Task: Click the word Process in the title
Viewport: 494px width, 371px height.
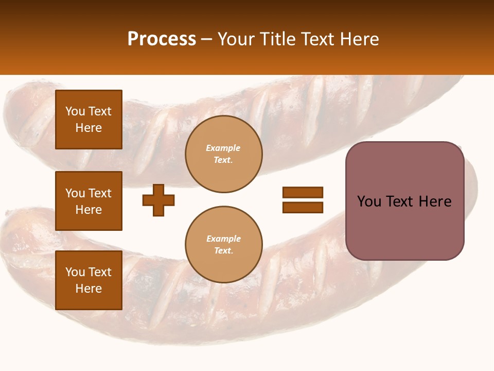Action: (162, 39)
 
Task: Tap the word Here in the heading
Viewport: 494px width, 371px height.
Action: (359, 39)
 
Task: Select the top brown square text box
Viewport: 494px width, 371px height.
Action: (89, 120)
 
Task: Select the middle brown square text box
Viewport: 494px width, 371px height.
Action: (89, 201)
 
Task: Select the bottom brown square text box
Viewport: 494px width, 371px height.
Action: (89, 280)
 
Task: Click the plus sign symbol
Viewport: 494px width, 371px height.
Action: (158, 200)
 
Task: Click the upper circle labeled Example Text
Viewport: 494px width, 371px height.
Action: (223, 154)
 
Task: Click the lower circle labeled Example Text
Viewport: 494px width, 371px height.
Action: (223, 245)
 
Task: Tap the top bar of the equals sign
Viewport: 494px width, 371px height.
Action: (303, 192)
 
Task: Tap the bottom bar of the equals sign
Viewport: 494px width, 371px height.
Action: (303, 207)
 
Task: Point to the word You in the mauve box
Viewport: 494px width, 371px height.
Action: (369, 201)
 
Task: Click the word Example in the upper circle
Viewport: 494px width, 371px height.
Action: (223, 148)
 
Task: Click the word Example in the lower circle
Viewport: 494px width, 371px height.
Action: (223, 239)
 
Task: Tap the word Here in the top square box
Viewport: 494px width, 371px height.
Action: (89, 128)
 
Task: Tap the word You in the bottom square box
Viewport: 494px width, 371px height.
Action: (75, 272)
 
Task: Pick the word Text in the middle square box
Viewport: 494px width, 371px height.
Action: (100, 193)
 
